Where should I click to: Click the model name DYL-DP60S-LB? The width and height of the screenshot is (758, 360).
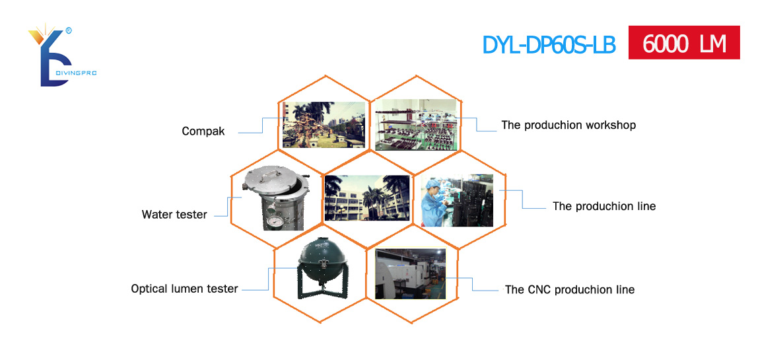[x=549, y=44]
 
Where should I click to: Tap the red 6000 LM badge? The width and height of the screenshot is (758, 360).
[x=684, y=42]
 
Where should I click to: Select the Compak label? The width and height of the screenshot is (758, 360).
[x=203, y=131]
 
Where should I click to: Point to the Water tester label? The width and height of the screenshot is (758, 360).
[x=174, y=215]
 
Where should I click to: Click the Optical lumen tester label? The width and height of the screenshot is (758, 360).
[x=184, y=289]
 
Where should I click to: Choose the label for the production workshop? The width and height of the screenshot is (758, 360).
[x=568, y=125]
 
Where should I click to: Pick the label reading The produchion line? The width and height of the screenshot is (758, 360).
[x=604, y=206]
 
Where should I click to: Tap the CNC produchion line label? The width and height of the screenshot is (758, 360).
[x=569, y=290]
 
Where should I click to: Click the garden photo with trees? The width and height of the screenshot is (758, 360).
[x=324, y=124]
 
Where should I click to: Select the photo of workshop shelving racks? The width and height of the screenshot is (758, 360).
[x=416, y=125]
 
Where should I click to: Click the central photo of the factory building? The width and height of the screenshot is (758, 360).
[x=367, y=198]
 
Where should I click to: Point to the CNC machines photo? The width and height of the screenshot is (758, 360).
[x=411, y=274]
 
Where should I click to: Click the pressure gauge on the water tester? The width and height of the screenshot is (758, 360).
[x=273, y=221]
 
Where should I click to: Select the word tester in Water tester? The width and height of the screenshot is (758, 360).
[x=191, y=215]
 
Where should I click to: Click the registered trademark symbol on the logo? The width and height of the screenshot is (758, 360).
[x=69, y=30]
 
